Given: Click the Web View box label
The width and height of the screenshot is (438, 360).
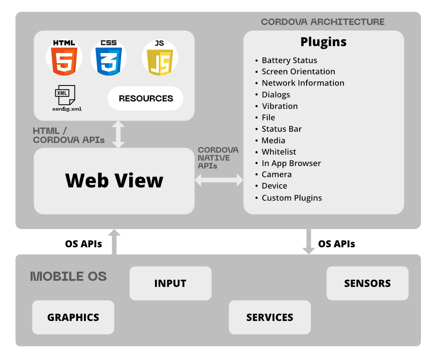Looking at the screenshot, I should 114,180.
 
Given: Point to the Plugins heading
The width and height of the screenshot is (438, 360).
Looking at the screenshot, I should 323,42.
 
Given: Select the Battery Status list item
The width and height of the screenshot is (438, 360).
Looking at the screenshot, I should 289,61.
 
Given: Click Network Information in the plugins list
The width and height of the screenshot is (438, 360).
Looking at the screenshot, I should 303,83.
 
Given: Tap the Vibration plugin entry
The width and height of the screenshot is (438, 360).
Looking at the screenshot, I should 279,106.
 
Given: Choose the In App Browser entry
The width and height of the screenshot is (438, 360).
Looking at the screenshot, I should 291,163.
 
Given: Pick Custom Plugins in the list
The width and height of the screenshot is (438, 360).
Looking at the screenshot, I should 291,198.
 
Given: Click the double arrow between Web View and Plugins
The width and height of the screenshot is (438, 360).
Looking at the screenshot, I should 219,179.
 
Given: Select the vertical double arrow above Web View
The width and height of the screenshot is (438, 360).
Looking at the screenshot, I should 118,134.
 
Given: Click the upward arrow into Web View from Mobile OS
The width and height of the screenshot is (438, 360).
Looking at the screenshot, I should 114,241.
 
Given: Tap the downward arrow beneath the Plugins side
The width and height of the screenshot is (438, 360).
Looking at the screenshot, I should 309,241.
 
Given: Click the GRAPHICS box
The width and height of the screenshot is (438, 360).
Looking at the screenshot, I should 73,317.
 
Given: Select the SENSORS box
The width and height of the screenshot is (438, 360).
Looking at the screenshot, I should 367,283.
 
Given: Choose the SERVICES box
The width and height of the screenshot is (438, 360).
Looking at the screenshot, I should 270,317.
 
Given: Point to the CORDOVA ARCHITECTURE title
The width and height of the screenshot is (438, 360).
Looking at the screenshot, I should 323,22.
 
